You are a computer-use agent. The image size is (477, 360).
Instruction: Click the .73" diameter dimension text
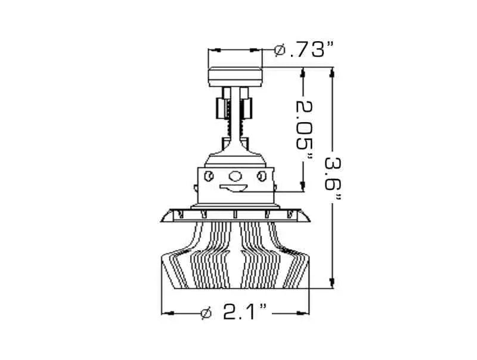[309, 51]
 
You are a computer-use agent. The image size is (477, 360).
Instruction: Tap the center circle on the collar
[236, 176]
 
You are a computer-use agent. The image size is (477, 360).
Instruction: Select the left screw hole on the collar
[209, 176]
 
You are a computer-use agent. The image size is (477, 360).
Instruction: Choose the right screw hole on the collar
[262, 176]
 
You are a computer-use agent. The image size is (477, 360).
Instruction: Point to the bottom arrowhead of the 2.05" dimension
[303, 187]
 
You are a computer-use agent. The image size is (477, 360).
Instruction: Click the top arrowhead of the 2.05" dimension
[303, 73]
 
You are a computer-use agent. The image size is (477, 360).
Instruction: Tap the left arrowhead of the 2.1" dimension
[167, 312]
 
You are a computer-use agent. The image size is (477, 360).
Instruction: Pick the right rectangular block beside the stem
[248, 108]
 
